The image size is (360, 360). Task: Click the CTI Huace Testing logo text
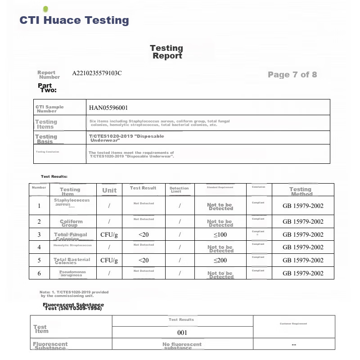[74, 20]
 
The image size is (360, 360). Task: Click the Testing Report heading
[166, 52]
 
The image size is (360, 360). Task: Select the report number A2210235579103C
[97, 73]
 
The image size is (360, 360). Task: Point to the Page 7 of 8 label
[292, 75]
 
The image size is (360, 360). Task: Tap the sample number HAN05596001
[108, 108]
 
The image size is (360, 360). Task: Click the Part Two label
[47, 88]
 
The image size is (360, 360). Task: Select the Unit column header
[109, 190]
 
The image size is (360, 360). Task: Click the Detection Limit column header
[179, 189]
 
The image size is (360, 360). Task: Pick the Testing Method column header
[301, 191]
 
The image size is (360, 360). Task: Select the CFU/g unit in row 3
[109, 234]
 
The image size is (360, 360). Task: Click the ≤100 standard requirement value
[220, 234]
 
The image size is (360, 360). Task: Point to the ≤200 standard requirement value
[220, 260]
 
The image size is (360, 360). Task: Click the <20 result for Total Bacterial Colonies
[144, 260]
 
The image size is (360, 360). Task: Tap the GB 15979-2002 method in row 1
[303, 206]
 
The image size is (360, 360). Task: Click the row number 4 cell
[39, 247]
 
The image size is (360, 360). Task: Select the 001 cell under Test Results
[182, 333]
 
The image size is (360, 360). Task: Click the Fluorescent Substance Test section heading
[73, 306]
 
